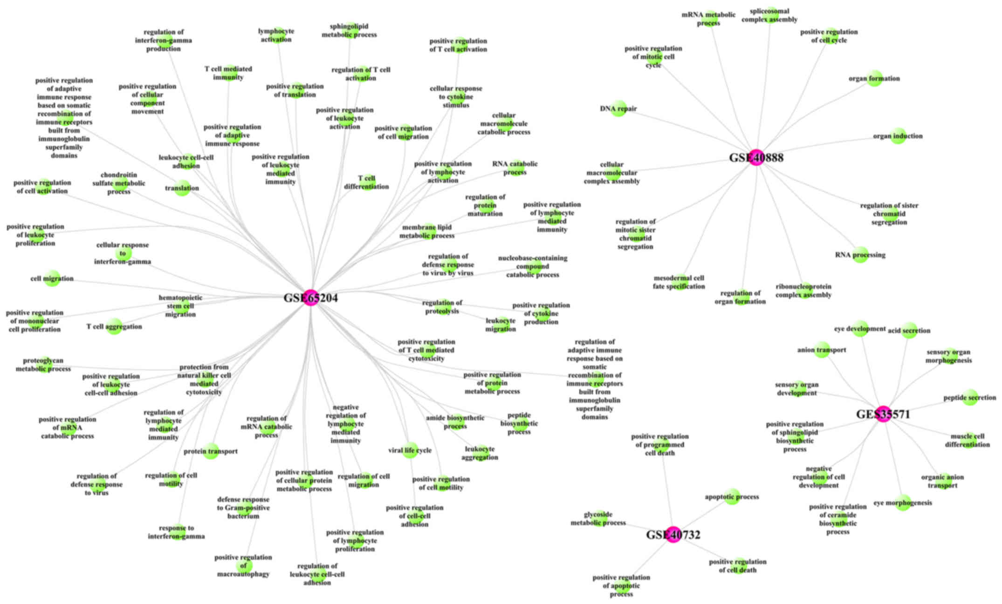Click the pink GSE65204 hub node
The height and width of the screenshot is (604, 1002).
[x=311, y=298]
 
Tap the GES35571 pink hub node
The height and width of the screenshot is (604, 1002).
[x=883, y=414]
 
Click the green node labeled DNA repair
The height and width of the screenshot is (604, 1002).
[x=618, y=109]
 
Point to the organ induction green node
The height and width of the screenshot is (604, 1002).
[x=898, y=136]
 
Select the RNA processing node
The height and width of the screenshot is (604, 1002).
[x=860, y=255]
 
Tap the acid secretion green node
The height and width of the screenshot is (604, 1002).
[x=909, y=330]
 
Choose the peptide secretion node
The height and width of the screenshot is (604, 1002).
[x=970, y=397]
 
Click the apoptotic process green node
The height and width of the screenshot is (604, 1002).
[x=732, y=497]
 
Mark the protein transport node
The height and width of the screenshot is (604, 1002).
[x=211, y=451]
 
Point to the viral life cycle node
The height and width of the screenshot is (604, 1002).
[x=410, y=450]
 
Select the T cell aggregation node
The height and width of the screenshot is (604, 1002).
[x=114, y=326]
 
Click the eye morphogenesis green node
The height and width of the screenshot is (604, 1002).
[x=903, y=502]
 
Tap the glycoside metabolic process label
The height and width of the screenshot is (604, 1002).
[x=598, y=518]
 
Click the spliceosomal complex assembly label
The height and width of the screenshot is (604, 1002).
[x=769, y=15]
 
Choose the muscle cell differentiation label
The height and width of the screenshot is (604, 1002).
[x=968, y=440]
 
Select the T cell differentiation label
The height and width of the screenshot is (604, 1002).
[x=366, y=182]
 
